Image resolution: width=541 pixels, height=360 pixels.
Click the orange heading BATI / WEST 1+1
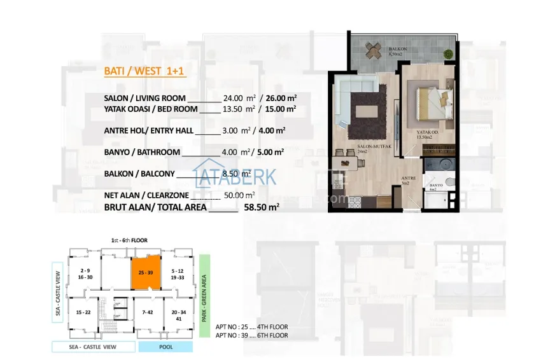pyautogui.click(x=144, y=71)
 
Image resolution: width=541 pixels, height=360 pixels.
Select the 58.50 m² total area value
pyautogui.click(x=262, y=207)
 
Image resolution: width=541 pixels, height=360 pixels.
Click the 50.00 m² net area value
pyautogui.click(x=240, y=195)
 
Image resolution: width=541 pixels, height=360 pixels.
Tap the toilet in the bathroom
pyautogui.click(x=449, y=183)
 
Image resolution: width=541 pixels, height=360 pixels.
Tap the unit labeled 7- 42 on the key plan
pyautogui.click(x=148, y=312)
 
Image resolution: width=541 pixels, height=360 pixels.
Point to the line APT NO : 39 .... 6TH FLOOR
pyautogui.click(x=251, y=335)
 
